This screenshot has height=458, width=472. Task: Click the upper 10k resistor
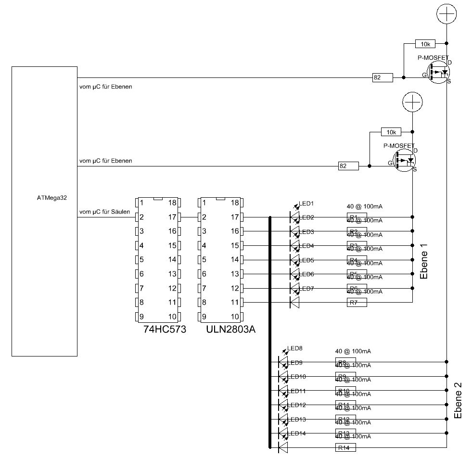[x=425, y=44]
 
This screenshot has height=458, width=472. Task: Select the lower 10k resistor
[x=391, y=132]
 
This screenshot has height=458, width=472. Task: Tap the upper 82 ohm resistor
[x=382, y=77]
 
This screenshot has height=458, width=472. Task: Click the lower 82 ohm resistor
[x=348, y=166]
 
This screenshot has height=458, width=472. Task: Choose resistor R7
[x=357, y=302]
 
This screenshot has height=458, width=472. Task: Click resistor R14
[x=345, y=447]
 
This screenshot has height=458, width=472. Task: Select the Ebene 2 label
[x=458, y=400]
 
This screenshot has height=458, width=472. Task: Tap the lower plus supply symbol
[x=412, y=102]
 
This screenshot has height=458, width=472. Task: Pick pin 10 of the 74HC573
[x=173, y=317]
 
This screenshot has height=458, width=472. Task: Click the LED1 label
[x=306, y=203]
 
